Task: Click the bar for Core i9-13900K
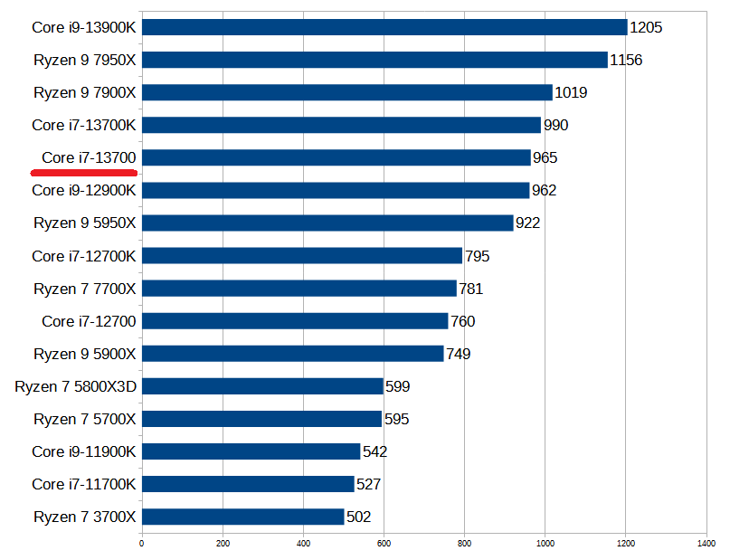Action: coord(384,27)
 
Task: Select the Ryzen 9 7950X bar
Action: coord(374,60)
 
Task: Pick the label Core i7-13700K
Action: coord(84,125)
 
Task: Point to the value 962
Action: coord(545,190)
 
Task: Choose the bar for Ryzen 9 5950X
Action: coord(327,223)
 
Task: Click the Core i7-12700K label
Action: coord(84,256)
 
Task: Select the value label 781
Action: coord(471,289)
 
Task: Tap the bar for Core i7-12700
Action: coord(295,321)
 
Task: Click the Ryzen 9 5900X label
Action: coord(85,354)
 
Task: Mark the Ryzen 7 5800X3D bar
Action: coord(262,386)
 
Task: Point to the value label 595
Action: coord(396,419)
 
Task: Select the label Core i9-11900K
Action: coord(84,451)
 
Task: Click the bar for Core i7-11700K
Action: coord(248,484)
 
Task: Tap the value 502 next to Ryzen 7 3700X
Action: coord(359,517)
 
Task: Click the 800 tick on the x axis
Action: coord(464,544)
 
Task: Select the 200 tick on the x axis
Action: coord(222,544)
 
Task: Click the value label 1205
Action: coord(646,27)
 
